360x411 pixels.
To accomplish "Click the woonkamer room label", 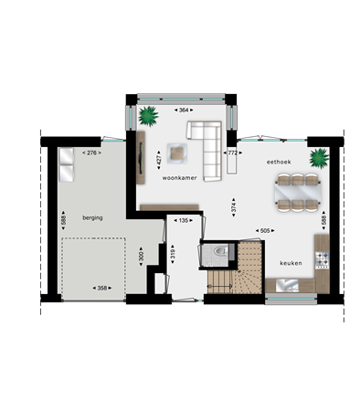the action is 179,178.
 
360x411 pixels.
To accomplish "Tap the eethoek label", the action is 279,162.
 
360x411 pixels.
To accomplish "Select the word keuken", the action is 291,263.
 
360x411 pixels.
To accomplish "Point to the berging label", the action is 92,218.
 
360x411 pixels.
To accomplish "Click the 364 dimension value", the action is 184,110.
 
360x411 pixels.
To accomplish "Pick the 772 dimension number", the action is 233,153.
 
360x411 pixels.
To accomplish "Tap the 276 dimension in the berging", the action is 91,153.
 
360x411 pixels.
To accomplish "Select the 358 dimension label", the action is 102,288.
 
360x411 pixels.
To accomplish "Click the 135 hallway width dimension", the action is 184,220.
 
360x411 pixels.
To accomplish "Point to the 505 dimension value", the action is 265,231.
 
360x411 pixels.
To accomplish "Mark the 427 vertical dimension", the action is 159,160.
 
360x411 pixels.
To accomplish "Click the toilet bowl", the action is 220,251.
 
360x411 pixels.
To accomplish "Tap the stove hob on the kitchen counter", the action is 322,258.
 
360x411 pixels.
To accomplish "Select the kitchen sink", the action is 287,286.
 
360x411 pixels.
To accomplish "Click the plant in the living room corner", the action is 148,116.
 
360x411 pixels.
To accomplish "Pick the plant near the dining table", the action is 319,158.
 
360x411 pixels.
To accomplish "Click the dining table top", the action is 298,193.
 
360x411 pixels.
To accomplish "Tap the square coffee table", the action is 176,153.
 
